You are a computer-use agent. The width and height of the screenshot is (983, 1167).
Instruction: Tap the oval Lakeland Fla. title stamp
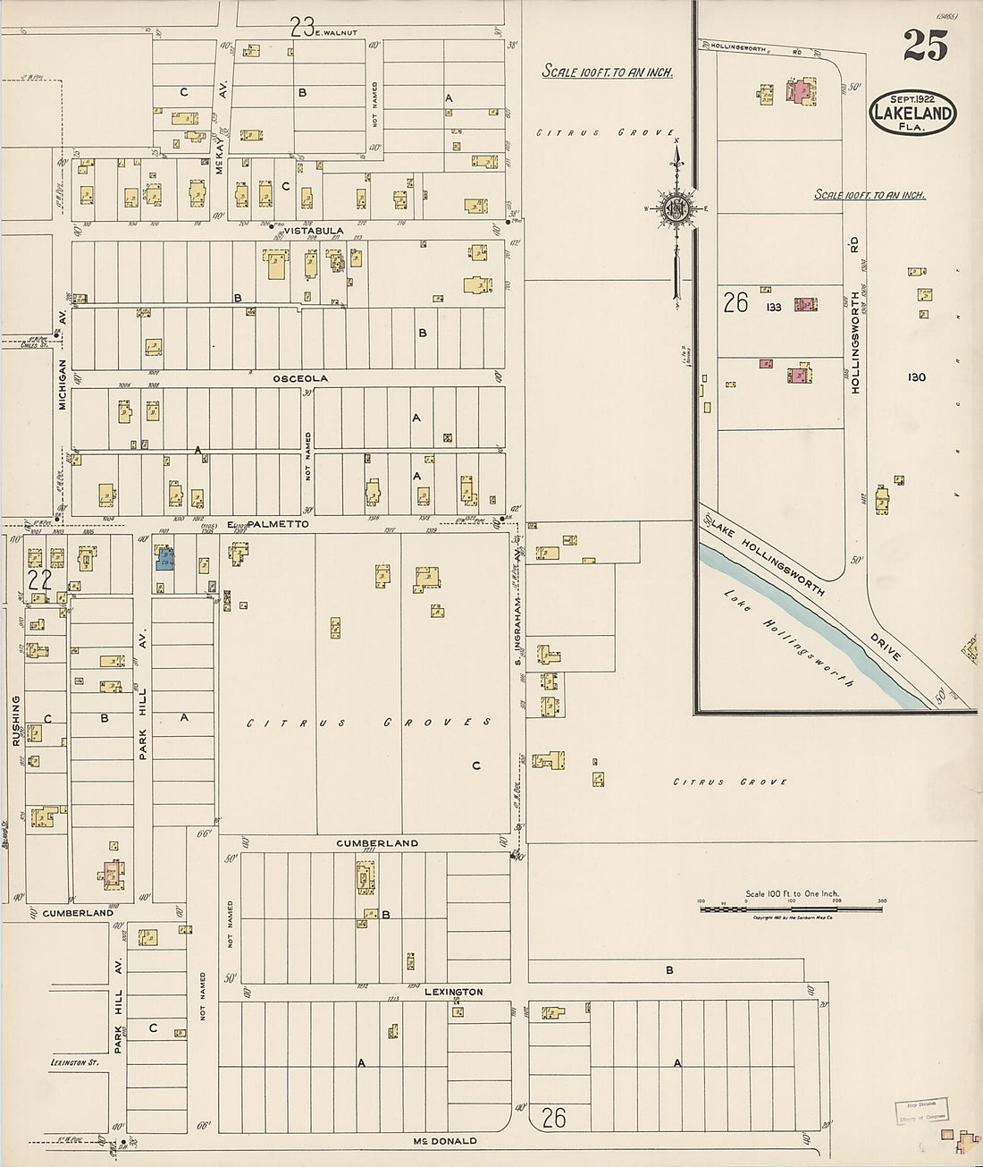pyautogui.click(x=912, y=114)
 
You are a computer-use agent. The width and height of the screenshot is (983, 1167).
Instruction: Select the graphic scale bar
pyautogui.click(x=791, y=909)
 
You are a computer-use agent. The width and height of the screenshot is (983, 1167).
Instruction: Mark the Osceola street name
pyautogui.click(x=300, y=378)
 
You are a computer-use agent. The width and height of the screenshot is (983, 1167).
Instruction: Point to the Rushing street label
pyautogui.click(x=15, y=720)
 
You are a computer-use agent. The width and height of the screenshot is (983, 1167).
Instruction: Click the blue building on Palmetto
pyautogui.click(x=165, y=560)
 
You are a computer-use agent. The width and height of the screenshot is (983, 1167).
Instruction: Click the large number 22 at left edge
pyautogui.click(x=40, y=579)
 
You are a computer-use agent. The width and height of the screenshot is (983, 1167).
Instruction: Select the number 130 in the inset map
pyautogui.click(x=916, y=377)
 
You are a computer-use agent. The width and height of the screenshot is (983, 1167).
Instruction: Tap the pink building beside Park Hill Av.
pyautogui.click(x=113, y=873)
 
